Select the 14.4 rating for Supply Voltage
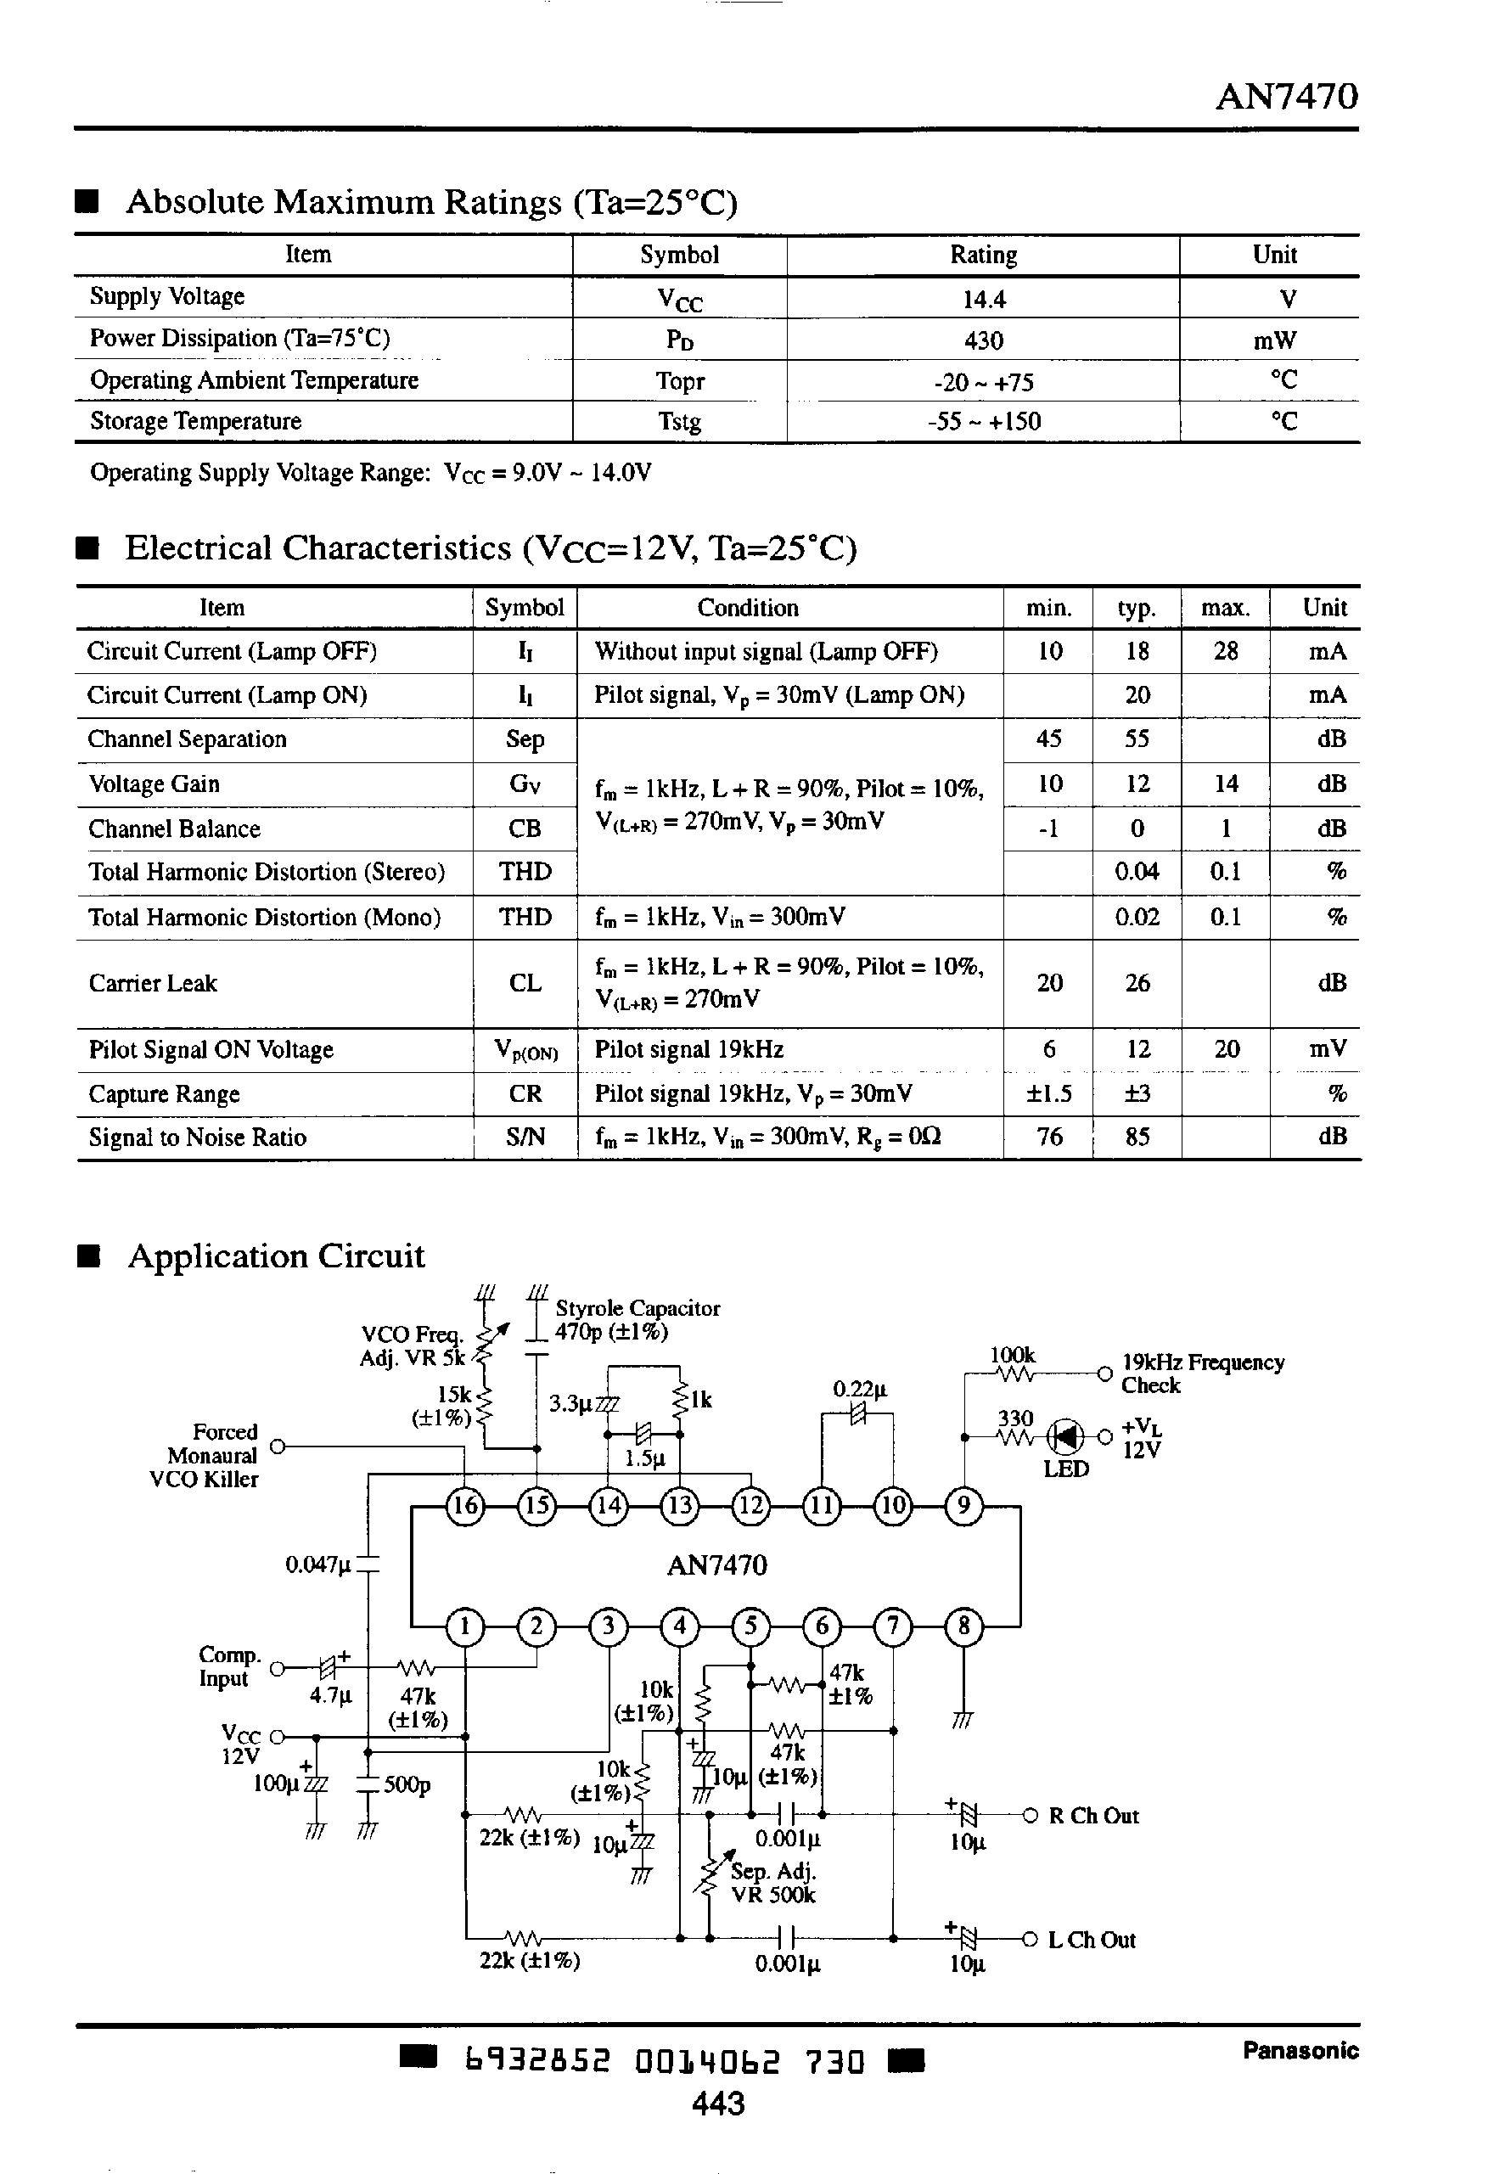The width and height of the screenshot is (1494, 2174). click(x=983, y=300)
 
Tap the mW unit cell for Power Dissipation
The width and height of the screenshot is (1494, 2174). click(x=1274, y=340)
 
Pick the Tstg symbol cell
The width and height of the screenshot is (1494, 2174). click(x=680, y=422)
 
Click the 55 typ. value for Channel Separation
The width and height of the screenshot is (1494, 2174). click(x=1137, y=739)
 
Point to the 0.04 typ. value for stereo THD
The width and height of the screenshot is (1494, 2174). click(x=1137, y=872)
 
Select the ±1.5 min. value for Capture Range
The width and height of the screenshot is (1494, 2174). click(x=1048, y=1094)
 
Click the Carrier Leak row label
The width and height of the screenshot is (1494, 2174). click(x=153, y=984)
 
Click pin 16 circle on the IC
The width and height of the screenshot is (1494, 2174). click(x=465, y=1506)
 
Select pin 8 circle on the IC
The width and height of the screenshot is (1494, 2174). click(x=963, y=1626)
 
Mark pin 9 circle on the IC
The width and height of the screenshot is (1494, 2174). click(x=963, y=1506)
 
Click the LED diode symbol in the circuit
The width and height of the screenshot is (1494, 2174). click(x=1065, y=1435)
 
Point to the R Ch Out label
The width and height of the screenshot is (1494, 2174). click(x=1093, y=1817)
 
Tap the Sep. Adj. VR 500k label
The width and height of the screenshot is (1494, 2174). click(x=773, y=1883)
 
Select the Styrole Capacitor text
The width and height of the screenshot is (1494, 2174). click(x=637, y=1308)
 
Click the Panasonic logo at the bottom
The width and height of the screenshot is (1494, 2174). click(x=1300, y=2050)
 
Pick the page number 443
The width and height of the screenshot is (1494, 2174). click(x=718, y=2104)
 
